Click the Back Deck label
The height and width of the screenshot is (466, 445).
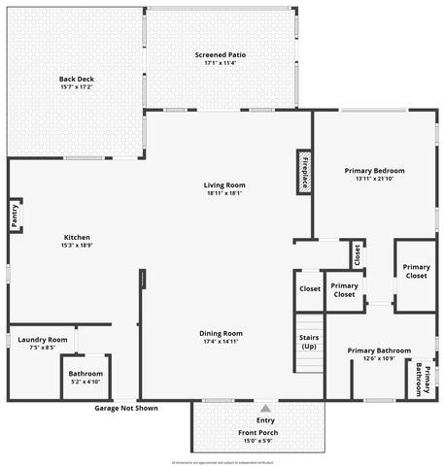tap(75, 80)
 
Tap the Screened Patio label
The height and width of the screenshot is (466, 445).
tap(220, 55)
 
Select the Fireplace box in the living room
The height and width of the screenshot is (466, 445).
tap(303, 172)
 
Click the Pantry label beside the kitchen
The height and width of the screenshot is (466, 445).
tap(15, 215)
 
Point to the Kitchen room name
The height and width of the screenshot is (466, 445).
tap(77, 238)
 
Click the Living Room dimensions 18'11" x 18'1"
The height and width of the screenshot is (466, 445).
tap(223, 192)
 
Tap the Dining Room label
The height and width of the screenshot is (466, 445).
tap(221, 333)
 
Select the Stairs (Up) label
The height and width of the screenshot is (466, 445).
tap(309, 342)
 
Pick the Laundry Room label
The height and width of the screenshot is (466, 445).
tap(43, 339)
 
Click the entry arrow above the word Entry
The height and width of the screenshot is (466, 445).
tap(265, 408)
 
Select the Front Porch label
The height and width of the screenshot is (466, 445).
tap(257, 433)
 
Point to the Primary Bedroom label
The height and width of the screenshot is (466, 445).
tap(374, 171)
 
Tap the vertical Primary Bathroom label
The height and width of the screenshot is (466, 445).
tap(423, 379)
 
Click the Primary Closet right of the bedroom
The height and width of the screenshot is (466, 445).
tap(416, 272)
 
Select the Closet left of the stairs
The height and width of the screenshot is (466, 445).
tap(309, 289)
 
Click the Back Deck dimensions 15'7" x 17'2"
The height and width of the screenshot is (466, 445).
tap(75, 87)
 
